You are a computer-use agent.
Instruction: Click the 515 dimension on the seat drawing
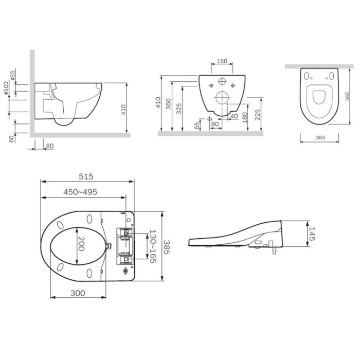pos(86,176)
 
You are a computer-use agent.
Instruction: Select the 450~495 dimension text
pos(80,192)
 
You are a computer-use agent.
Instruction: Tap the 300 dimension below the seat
pos(78,293)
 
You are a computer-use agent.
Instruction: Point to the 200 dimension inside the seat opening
pos(81,243)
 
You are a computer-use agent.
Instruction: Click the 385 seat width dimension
pos(167,247)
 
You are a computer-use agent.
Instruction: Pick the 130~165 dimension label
pos(153,246)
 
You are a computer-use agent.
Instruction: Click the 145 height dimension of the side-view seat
pos(312,233)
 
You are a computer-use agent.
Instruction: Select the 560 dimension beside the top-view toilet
pos(347,96)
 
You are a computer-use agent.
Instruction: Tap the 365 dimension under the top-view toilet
pos(320,137)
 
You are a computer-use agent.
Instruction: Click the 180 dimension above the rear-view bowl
pos(222,61)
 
